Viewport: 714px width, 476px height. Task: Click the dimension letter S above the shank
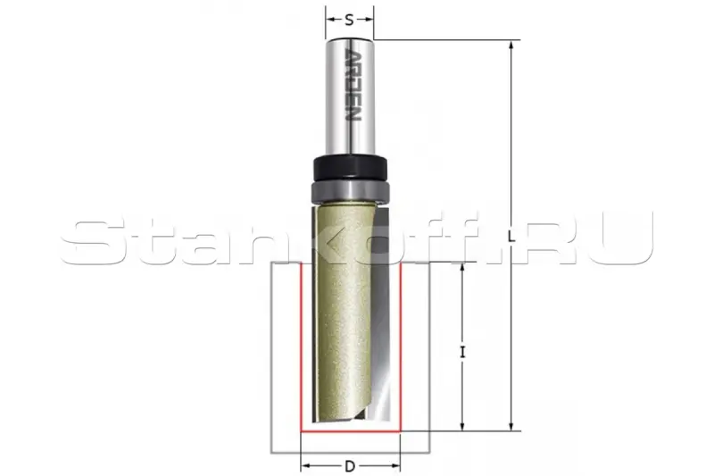tap(349, 20)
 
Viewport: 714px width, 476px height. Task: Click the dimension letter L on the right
tap(511, 236)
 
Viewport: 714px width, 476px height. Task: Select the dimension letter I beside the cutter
tap(462, 352)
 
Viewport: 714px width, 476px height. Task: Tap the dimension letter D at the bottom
tap(350, 466)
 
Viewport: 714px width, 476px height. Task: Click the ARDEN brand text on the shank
tap(351, 85)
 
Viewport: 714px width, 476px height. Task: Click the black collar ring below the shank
tap(350, 169)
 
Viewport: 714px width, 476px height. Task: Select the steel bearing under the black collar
tap(350, 191)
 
